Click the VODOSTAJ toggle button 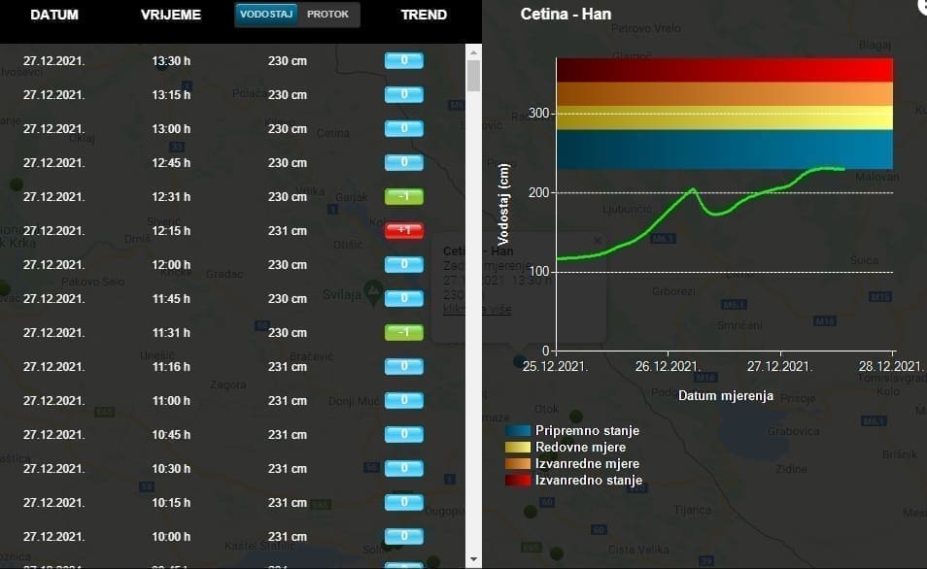point(266,15)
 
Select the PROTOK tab point(327,15)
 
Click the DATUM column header point(54,15)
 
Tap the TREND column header point(424,15)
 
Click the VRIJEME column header point(171,15)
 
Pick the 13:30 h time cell point(171,61)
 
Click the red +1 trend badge point(403,230)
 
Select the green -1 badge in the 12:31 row point(403,196)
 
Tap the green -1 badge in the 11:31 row point(403,332)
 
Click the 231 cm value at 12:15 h point(288,231)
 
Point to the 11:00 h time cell point(171,400)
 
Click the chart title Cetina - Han point(566,15)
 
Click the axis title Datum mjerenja point(725,395)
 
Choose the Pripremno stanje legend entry point(587,430)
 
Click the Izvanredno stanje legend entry point(588,481)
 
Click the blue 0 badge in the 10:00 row point(403,536)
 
